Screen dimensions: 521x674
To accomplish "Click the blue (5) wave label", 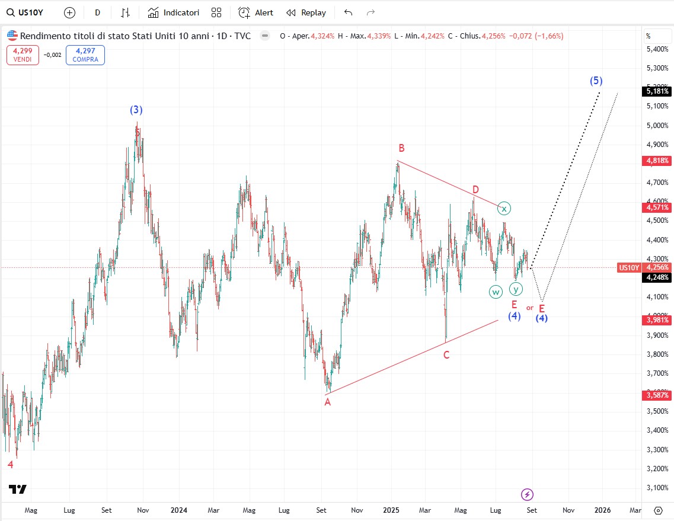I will coord(596,81).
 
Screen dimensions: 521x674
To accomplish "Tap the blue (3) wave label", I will coord(136,110).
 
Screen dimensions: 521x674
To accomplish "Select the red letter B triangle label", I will coord(401,148).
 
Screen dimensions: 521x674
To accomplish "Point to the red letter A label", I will coord(327,402).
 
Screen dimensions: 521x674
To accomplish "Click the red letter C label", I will coord(446,355).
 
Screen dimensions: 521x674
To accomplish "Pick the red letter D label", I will coord(475,190).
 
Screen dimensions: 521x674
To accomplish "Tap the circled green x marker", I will coord(503,208).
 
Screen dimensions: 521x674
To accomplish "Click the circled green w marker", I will coord(496,292).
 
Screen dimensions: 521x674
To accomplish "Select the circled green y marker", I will coord(516,289).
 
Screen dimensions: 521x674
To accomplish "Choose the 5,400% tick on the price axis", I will coord(657,49).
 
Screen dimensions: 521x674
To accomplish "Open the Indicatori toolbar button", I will coord(174,12).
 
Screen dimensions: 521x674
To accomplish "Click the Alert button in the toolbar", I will coord(256,12).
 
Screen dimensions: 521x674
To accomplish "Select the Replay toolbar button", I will coord(306,12).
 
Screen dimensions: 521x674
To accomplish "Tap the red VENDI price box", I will coord(23,55).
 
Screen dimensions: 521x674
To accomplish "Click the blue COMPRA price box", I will coord(85,55).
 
